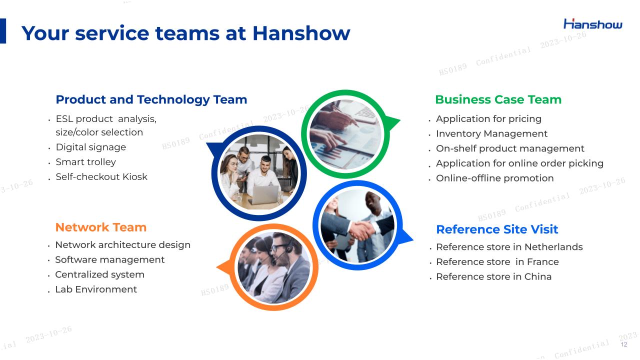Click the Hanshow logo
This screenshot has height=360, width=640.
[x=593, y=24]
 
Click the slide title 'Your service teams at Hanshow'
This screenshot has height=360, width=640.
[x=185, y=33]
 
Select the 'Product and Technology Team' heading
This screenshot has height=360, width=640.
[x=151, y=99]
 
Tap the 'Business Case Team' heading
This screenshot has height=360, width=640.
[x=498, y=99]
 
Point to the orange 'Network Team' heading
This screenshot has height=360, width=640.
[x=101, y=227]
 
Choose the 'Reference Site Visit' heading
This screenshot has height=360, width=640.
[x=497, y=229]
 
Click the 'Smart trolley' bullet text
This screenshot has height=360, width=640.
[x=85, y=162]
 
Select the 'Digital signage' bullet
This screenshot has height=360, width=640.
[x=91, y=147]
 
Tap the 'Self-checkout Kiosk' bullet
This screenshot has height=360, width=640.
[x=101, y=177]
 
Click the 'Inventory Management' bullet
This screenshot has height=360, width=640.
[x=491, y=133]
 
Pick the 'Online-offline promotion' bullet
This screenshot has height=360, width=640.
[x=495, y=178]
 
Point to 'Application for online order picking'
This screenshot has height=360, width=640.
[x=519, y=163]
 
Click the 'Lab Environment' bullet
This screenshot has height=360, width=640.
[x=96, y=289]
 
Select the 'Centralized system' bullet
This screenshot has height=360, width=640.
[x=99, y=274]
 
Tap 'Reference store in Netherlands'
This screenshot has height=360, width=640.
[x=509, y=247]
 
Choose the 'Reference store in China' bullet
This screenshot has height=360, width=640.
[x=493, y=276]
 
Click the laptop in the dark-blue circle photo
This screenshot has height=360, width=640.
[x=264, y=194]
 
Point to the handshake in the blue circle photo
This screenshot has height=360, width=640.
[x=362, y=229]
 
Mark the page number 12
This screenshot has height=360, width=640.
[x=624, y=344]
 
